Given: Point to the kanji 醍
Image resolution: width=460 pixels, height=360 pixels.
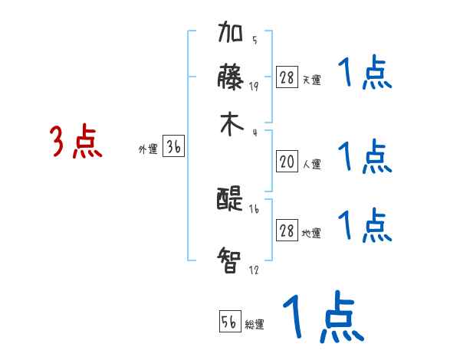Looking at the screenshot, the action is (231, 200).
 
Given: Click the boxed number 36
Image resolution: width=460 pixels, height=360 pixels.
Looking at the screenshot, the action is (173, 148).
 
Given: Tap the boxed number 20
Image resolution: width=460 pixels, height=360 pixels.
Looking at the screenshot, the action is (287, 162).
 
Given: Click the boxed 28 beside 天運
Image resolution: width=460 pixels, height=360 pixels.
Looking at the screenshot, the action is (287, 77).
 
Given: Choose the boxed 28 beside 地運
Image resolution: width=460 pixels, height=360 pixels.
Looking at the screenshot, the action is (287, 231).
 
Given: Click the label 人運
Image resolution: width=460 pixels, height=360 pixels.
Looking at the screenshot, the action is (312, 164).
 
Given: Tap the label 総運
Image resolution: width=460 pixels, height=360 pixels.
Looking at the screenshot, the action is (255, 325).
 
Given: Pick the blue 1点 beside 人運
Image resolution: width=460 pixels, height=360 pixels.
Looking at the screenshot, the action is (365, 157).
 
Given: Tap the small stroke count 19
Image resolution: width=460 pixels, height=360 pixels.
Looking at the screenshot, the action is (254, 86).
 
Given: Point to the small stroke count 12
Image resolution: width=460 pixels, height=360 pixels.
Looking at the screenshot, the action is (254, 270).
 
